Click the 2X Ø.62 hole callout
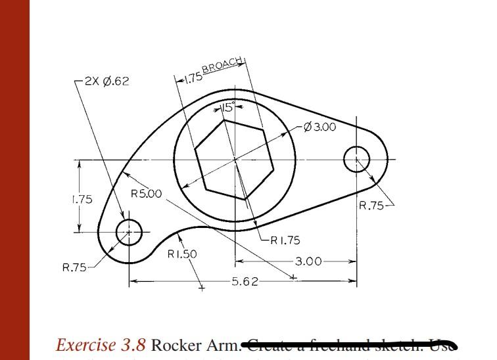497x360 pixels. (x=107, y=81)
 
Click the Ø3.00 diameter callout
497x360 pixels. (x=319, y=126)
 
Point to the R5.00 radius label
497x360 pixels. (x=145, y=194)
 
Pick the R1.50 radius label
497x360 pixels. (x=182, y=254)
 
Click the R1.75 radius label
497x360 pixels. (x=285, y=240)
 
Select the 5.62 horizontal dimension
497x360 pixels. (x=245, y=282)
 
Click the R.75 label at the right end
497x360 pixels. (x=372, y=206)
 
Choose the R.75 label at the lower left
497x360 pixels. (x=74, y=267)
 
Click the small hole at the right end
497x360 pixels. (x=357, y=159)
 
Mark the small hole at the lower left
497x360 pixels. (x=129, y=232)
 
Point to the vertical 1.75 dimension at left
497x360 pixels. (x=82, y=199)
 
